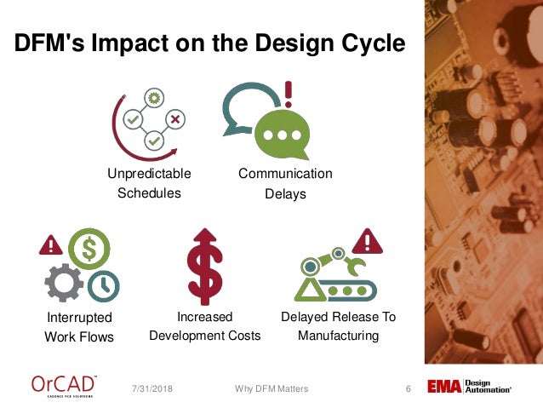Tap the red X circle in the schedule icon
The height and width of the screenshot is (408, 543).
pyautogui.click(x=174, y=119)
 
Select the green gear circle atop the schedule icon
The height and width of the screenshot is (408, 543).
pyautogui.click(x=154, y=99)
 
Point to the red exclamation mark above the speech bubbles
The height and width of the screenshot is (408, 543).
pyautogui.click(x=289, y=91)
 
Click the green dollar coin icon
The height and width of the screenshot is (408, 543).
pyautogui.click(x=89, y=250)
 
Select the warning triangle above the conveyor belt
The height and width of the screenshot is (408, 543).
pyautogui.click(x=368, y=242)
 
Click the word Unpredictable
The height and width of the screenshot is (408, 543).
pyautogui.click(x=149, y=174)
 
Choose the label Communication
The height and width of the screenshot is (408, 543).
pyautogui.click(x=285, y=174)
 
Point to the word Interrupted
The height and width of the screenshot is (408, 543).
pyautogui.click(x=79, y=318)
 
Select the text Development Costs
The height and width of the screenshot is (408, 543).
pyautogui.click(x=205, y=336)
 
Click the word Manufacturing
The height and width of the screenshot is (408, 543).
pyautogui.click(x=338, y=336)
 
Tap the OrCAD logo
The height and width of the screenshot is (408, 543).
pyautogui.click(x=64, y=386)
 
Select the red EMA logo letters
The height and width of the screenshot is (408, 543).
pyautogui.click(x=444, y=388)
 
